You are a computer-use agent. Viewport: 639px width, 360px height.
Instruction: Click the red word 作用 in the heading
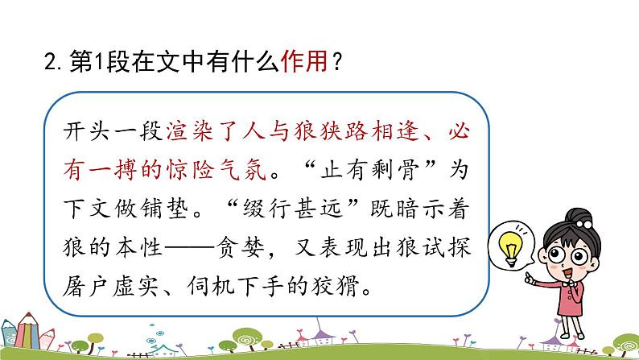(x=302, y=63)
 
